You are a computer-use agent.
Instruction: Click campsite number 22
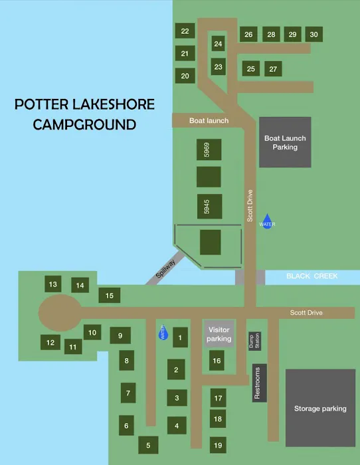tap(185, 31)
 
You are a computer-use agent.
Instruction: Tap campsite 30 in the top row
tap(314, 35)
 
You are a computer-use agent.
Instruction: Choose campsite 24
tap(219, 44)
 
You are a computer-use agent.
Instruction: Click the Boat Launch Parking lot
tap(285, 142)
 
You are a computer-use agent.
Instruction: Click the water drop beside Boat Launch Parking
tap(267, 221)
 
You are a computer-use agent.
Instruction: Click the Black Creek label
tap(308, 276)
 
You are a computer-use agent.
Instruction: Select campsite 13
tap(52, 284)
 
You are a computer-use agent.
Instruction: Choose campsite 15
tap(110, 296)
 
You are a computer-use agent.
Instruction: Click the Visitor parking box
tap(219, 334)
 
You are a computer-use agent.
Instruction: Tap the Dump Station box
tap(254, 341)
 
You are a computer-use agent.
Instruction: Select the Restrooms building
tap(259, 383)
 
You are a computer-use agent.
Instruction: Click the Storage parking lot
tap(320, 408)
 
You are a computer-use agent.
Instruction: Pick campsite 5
tap(148, 445)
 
